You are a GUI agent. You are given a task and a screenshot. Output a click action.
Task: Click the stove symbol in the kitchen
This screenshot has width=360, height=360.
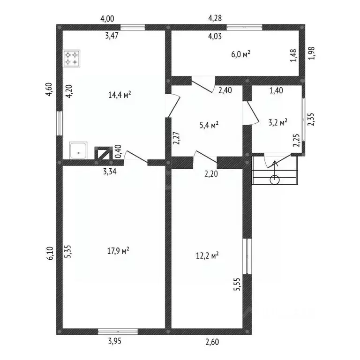click(x=72, y=59)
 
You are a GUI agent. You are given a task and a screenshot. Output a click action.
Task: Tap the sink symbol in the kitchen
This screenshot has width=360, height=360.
click(x=78, y=150)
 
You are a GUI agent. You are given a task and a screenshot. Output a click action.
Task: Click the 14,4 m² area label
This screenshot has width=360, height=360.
click(x=119, y=95)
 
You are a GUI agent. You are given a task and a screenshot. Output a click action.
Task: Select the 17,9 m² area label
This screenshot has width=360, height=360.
click(x=119, y=251)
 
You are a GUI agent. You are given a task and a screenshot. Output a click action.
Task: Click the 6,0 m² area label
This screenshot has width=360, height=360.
click(x=241, y=54)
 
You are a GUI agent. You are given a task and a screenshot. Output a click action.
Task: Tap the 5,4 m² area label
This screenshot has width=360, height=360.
click(x=209, y=125)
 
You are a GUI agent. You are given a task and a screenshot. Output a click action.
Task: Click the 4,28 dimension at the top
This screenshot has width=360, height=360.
click(x=215, y=18)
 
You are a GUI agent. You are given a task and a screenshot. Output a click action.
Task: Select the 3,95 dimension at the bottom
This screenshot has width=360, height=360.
click(x=112, y=341)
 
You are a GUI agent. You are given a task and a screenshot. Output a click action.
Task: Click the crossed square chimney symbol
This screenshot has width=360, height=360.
click(x=104, y=153)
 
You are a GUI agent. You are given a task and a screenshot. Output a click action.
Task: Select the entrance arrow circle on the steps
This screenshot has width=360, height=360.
click(x=275, y=179)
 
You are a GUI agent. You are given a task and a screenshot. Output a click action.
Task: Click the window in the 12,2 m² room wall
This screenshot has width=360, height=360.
click(x=247, y=256)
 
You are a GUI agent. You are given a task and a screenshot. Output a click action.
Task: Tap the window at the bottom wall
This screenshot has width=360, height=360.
click(x=118, y=331)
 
